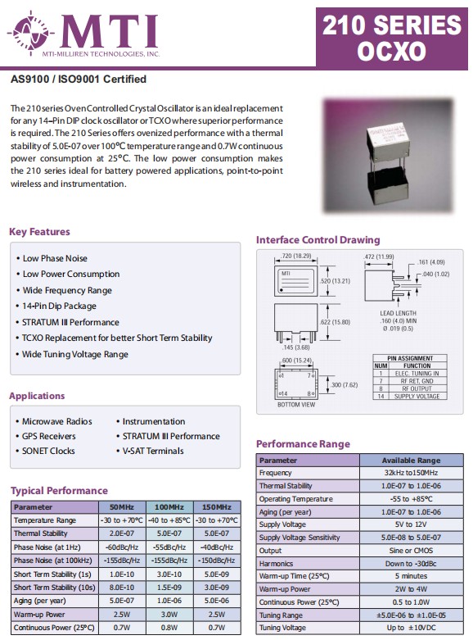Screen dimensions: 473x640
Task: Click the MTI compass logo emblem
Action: [x=30, y=32]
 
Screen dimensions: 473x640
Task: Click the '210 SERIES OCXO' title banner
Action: [x=391, y=38]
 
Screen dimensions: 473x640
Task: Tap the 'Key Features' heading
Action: [x=39, y=232]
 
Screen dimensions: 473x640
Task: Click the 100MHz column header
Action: [x=169, y=507]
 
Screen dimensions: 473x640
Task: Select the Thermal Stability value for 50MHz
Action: [x=122, y=533]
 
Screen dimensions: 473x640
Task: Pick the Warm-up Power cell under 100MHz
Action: [x=169, y=615]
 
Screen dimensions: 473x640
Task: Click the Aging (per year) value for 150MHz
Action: [x=217, y=601]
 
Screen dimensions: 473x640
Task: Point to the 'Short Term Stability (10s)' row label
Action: [x=55, y=588]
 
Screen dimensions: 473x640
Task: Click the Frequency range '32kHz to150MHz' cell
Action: [x=411, y=473]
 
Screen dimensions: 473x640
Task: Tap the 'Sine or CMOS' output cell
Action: [x=411, y=551]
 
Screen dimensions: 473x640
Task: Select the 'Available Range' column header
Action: [x=411, y=461]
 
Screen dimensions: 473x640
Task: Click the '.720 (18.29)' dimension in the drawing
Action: [x=296, y=256]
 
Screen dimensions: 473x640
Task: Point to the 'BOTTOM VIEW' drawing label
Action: [x=296, y=405]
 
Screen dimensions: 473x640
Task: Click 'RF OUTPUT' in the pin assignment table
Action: [x=417, y=388]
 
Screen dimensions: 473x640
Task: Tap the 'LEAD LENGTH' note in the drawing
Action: [x=398, y=313]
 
